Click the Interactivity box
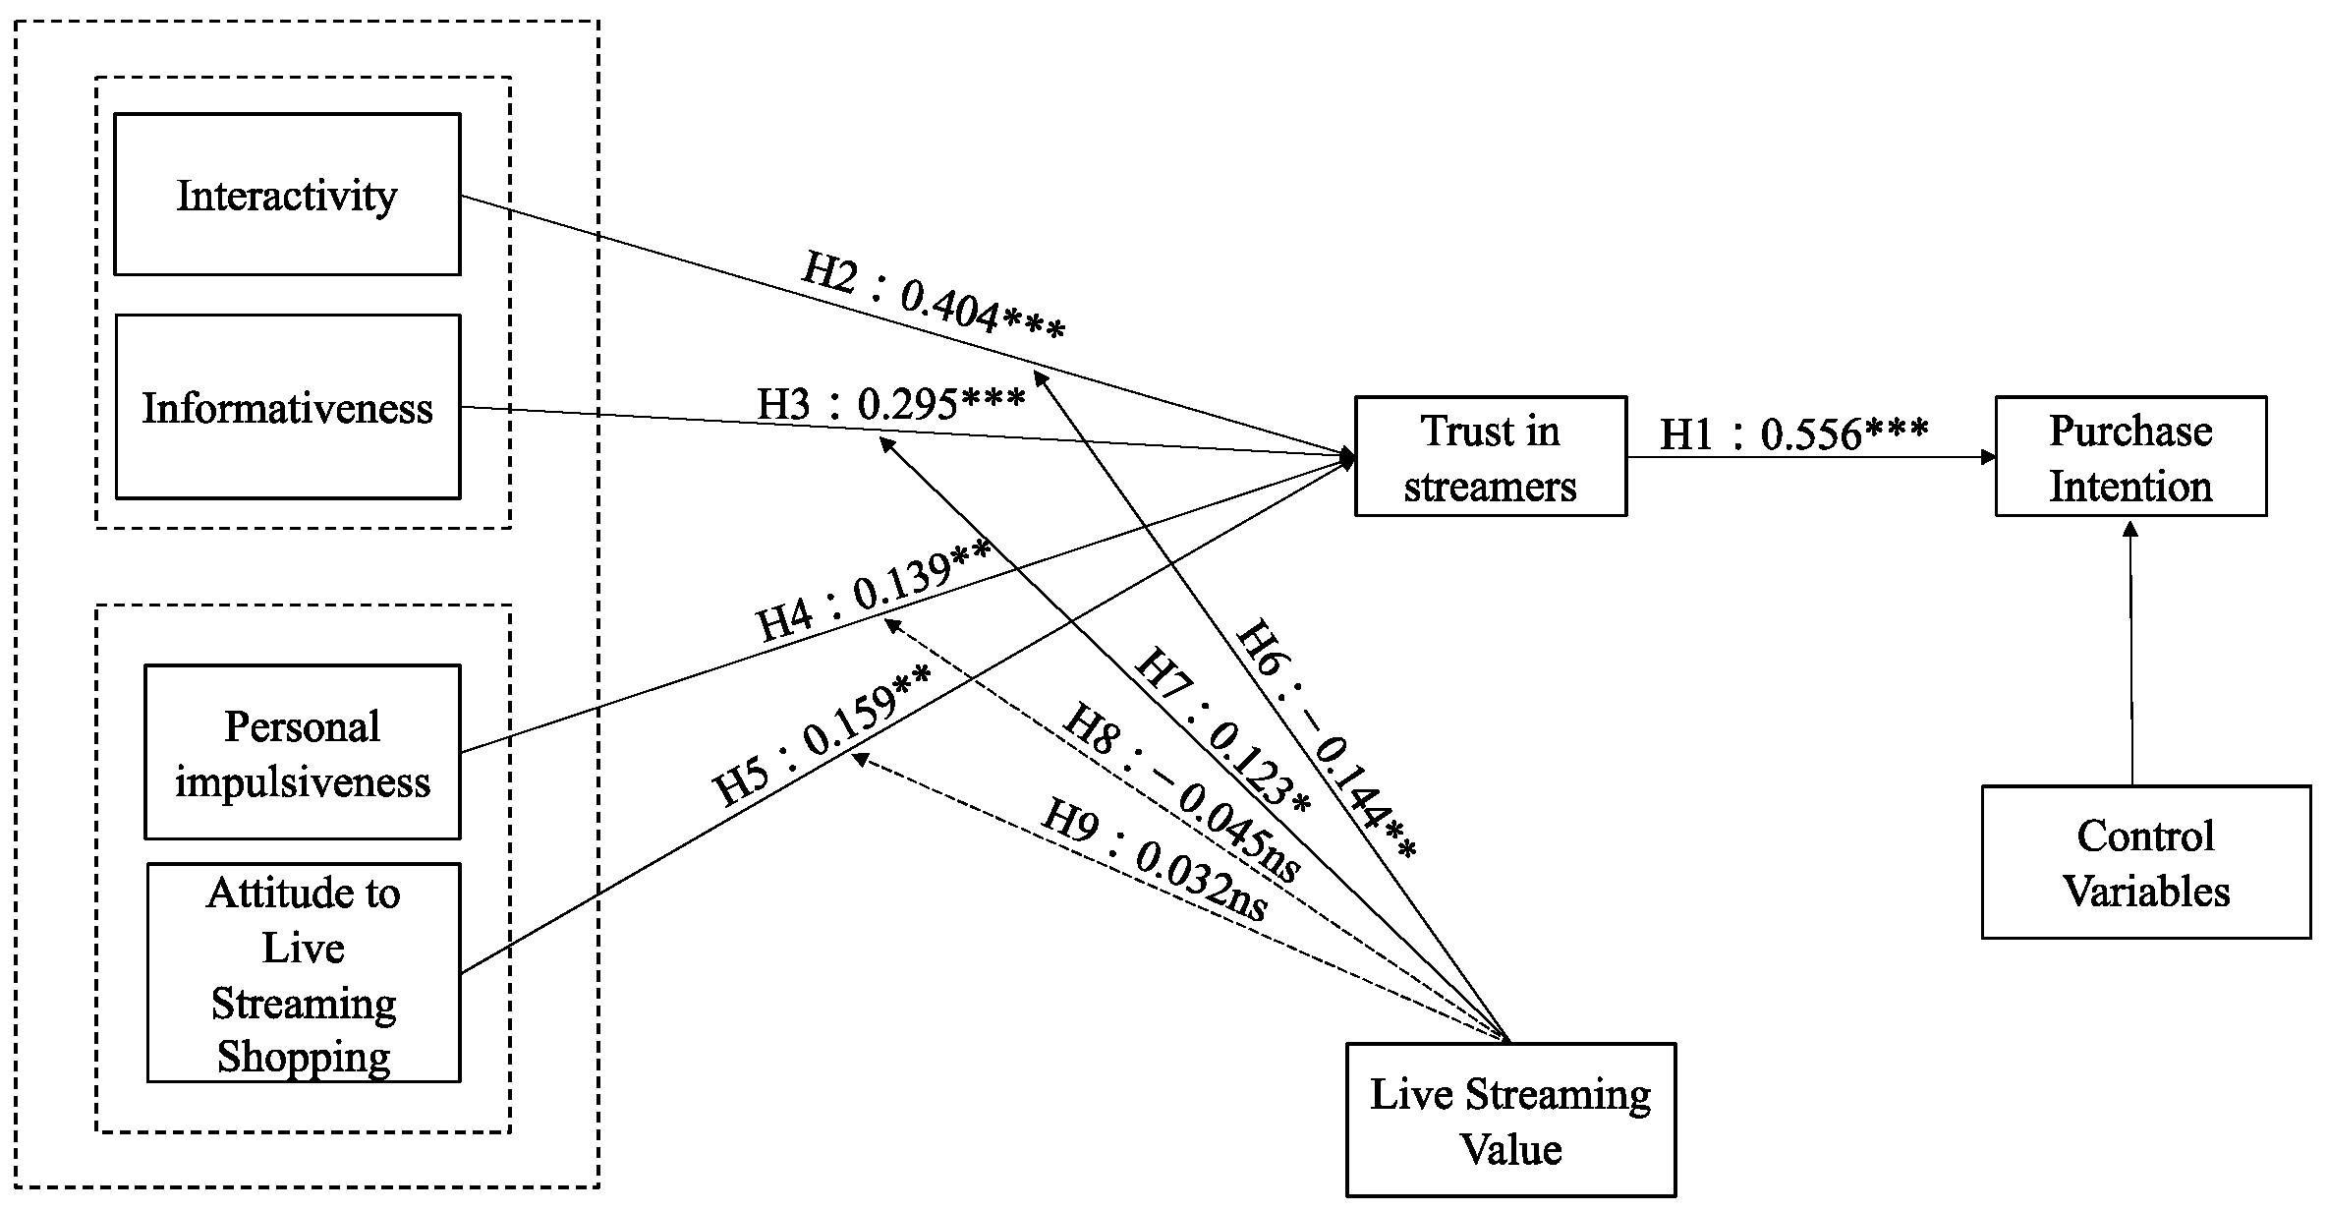(287, 195)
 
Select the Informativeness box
(287, 407)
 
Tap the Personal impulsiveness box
(302, 753)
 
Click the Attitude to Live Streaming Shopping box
(303, 973)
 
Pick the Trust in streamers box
(1490, 457)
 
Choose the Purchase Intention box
(2130, 457)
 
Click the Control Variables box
(2145, 862)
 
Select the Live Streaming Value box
(1510, 1121)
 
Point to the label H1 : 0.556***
(1793, 433)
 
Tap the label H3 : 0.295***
(890, 403)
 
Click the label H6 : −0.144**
(1325, 739)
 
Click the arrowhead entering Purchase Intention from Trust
(1988, 457)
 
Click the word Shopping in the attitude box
(303, 1057)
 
